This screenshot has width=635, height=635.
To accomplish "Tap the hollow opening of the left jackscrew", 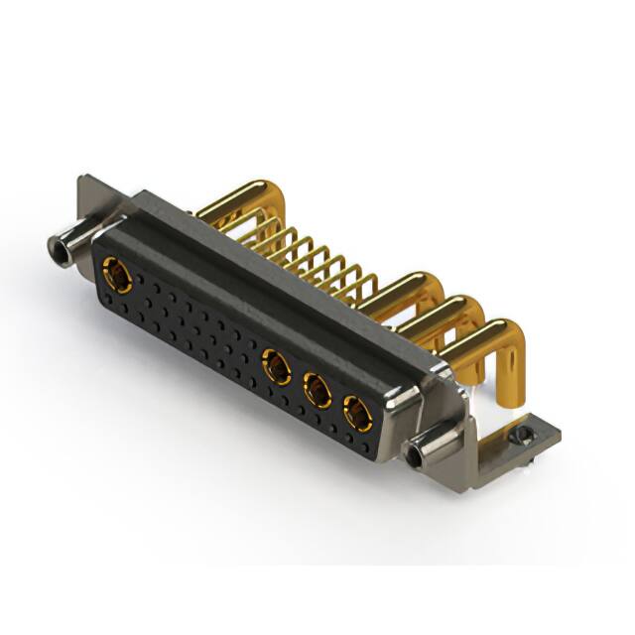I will point(53,241).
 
